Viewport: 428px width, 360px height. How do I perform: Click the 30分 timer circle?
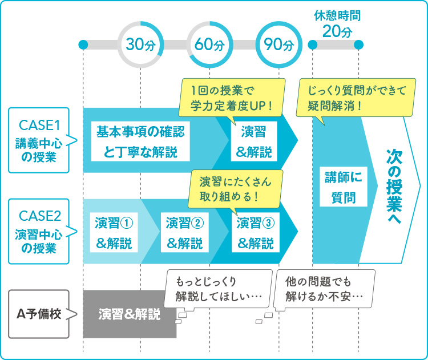click(x=140, y=45)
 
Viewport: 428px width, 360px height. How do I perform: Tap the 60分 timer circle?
click(x=209, y=45)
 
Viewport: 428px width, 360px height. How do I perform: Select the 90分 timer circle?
click(x=278, y=45)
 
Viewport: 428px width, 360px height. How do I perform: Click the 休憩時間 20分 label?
click(x=337, y=23)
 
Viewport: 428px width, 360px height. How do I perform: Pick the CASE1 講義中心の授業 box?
click(x=38, y=140)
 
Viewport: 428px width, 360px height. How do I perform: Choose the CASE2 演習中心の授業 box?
click(x=38, y=232)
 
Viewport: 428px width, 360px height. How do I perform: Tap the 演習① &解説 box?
click(x=114, y=233)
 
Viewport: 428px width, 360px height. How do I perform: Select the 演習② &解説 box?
click(x=184, y=233)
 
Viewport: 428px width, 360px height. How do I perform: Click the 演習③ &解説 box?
click(x=255, y=233)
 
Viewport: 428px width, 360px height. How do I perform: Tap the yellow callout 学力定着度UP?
click(x=232, y=98)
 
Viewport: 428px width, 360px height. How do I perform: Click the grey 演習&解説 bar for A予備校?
click(x=130, y=314)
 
